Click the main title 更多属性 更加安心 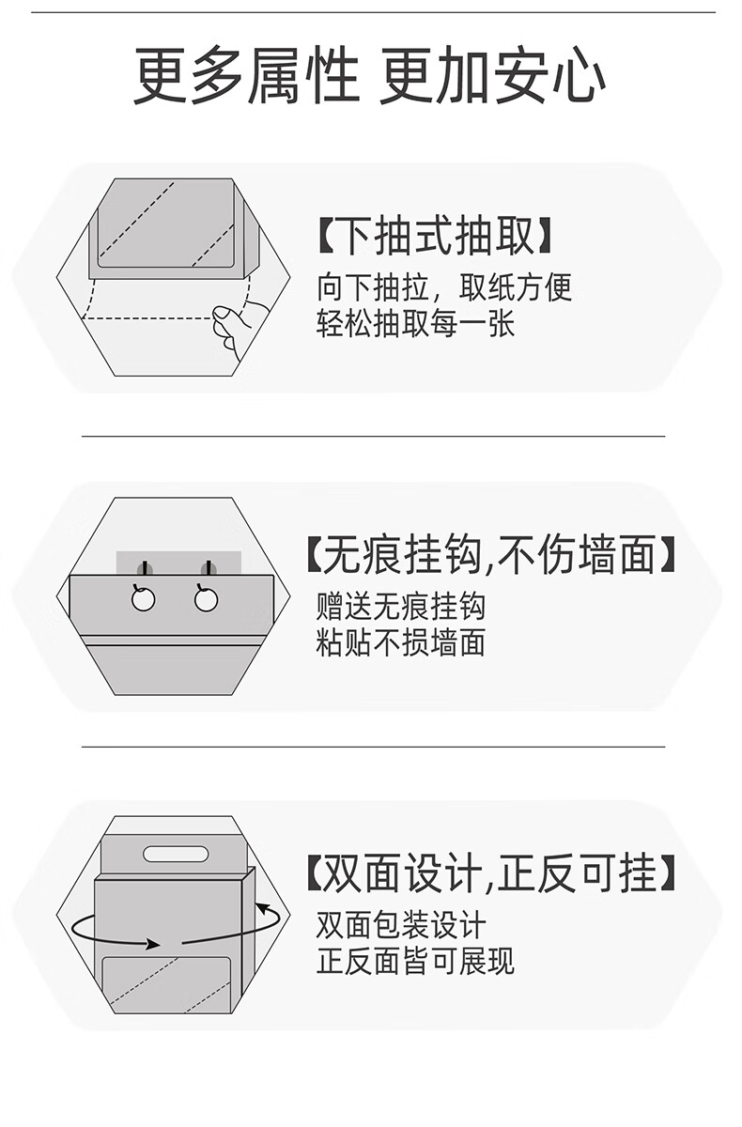coord(369,77)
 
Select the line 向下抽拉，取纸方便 coord(444,286)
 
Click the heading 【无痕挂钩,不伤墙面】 coord(490,556)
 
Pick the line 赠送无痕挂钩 coord(401,606)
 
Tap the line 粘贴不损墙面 coord(401,643)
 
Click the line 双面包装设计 coord(401,925)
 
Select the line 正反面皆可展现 coord(415,962)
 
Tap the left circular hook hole coord(143,598)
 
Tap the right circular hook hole coord(207,598)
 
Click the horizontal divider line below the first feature coord(373,437)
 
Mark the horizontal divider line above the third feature coord(373,748)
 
